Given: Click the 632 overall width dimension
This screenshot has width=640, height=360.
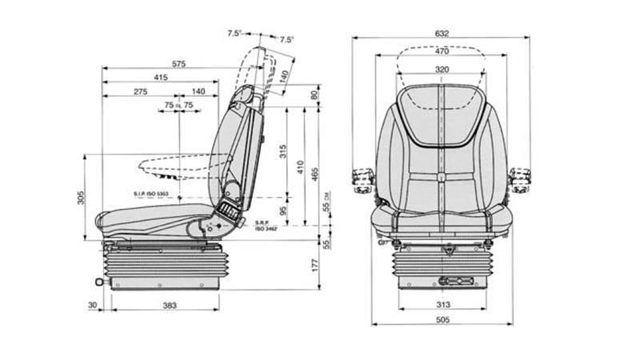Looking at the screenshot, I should pos(442,33).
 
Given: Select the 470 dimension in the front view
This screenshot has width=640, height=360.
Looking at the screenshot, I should pos(442,51).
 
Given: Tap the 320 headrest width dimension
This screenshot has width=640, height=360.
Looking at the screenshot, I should pos(442,70).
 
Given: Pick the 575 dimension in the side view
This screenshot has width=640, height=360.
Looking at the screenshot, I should pos(178,63).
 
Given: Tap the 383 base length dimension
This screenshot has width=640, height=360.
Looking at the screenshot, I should pos(169,305).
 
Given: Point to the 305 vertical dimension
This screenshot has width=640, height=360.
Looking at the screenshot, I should pos(81,197).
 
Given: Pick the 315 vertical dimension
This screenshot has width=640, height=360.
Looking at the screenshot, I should pos(282,152).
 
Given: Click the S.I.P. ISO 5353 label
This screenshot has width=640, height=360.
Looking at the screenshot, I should pos(150,194).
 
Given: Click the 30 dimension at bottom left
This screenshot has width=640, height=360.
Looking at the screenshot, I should pos(94,305).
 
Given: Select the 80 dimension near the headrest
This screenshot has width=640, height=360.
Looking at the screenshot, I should pos(314,94).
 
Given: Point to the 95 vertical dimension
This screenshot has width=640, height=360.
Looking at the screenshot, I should pos(282,211).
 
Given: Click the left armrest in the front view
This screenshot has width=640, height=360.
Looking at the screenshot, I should pos(360,178).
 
